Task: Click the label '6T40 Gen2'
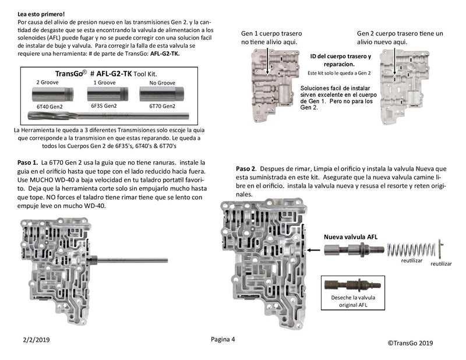click(50, 106)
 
